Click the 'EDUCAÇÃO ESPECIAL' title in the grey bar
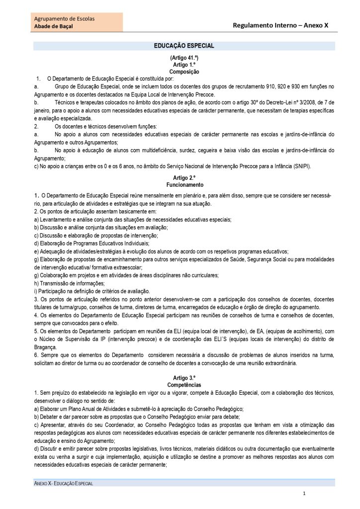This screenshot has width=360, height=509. [x=184, y=46]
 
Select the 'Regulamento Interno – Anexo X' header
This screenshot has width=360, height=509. [x=281, y=25]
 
